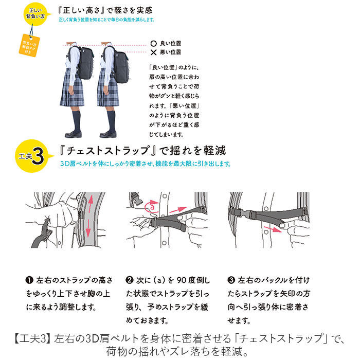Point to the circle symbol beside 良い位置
point(153,44)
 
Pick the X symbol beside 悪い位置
point(153,52)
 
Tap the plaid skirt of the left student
point(72,92)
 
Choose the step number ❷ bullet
point(129,281)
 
